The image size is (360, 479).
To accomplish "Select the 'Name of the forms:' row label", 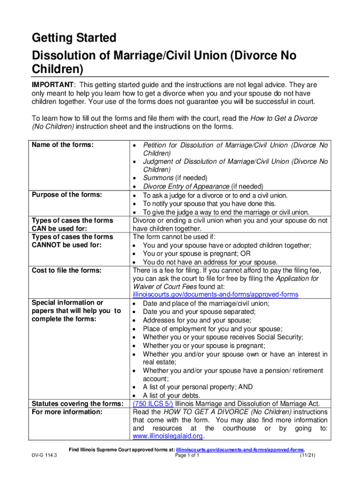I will [63, 145].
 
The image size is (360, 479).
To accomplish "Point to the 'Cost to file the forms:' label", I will [66, 270].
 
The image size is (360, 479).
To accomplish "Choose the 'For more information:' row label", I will [66, 412].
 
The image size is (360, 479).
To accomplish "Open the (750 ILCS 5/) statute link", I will [153, 404].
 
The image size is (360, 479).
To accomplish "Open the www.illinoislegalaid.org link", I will [168, 436].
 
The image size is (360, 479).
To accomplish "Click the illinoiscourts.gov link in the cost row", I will [216, 294].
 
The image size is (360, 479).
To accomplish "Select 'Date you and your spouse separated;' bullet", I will [197, 312].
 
